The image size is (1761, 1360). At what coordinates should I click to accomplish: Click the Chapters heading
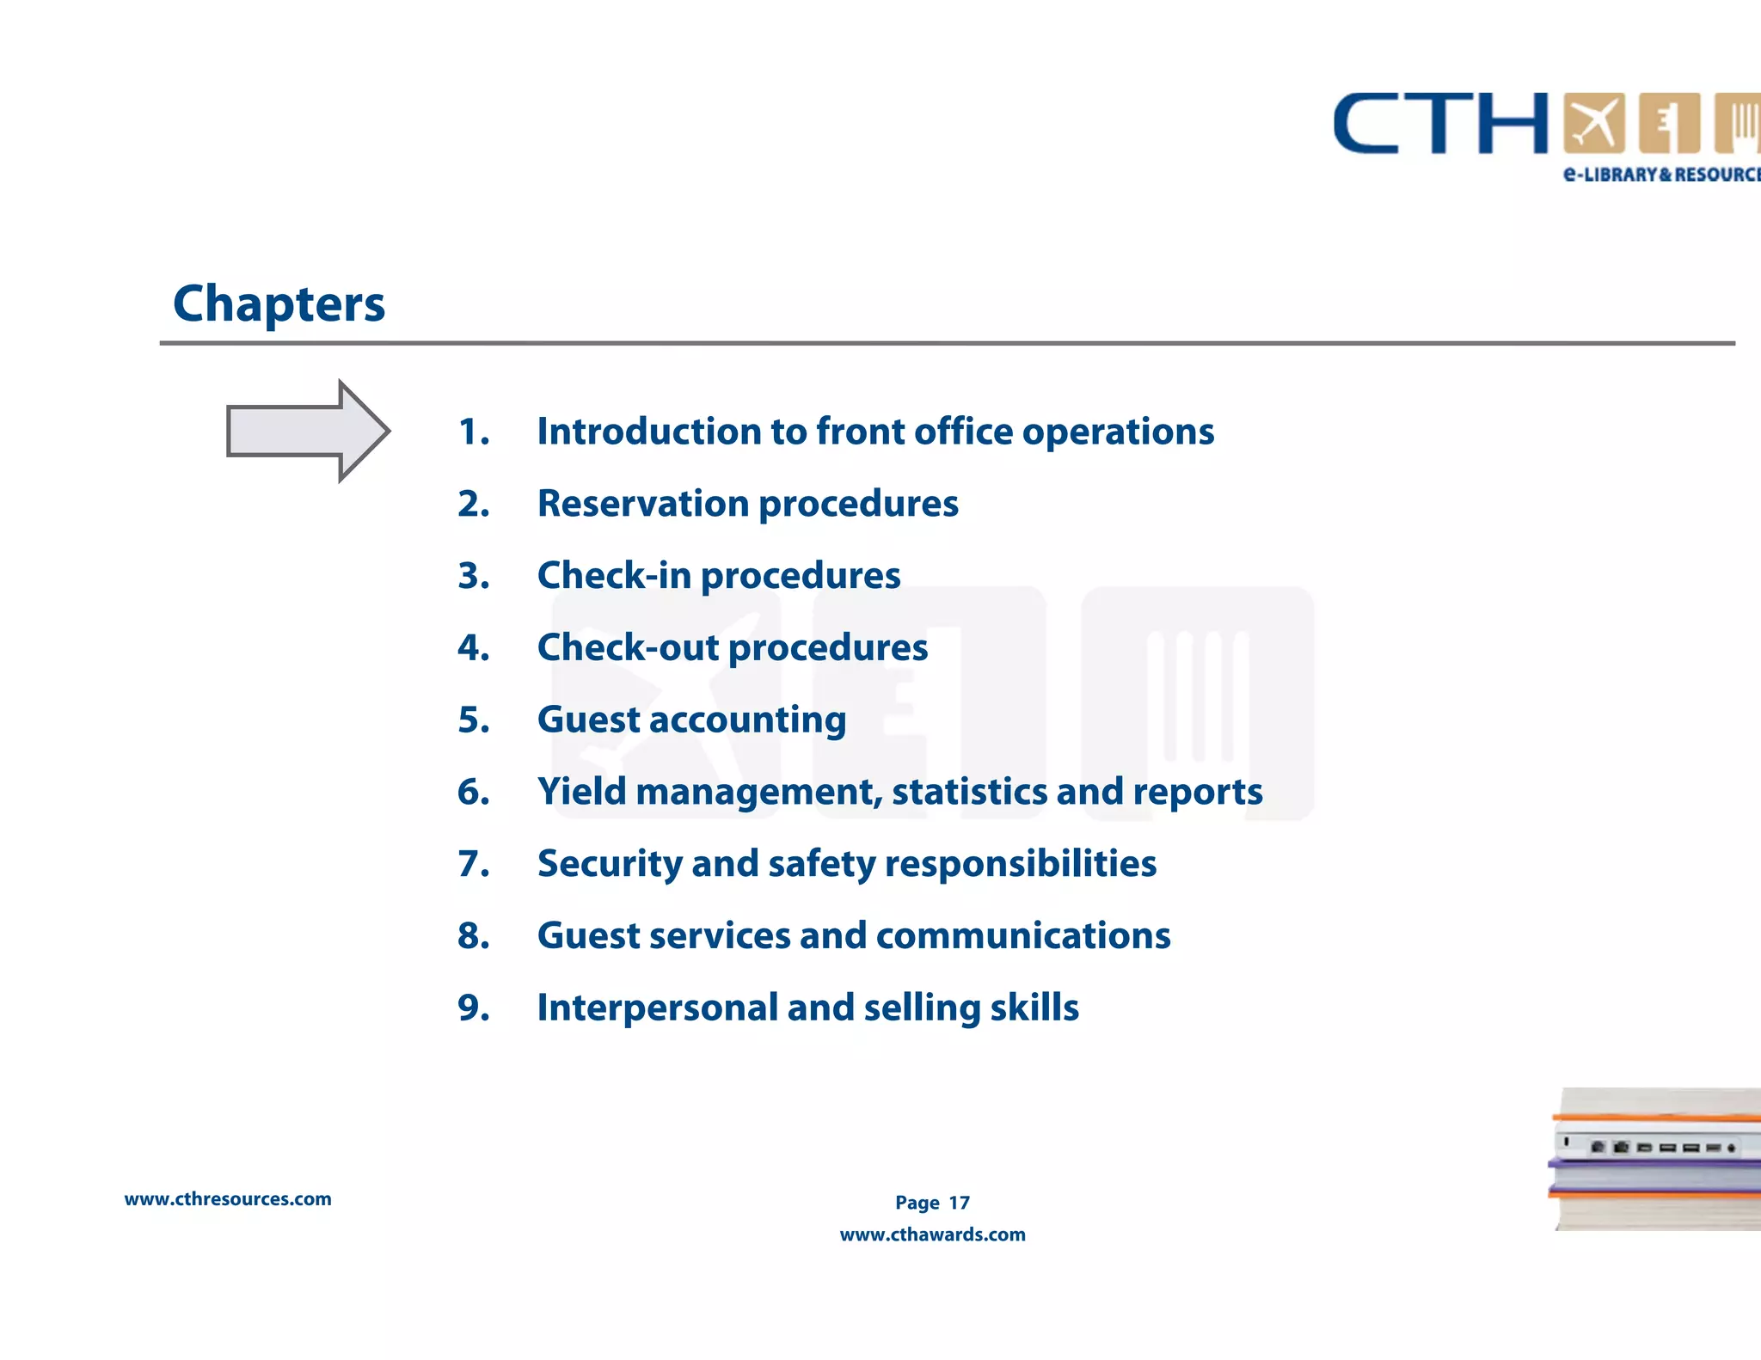[279, 303]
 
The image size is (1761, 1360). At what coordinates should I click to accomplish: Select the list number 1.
[473, 432]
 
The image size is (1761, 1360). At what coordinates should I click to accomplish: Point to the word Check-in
[614, 575]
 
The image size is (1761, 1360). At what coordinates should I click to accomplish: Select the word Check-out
[628, 647]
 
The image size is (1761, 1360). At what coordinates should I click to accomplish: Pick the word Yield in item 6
[581, 792]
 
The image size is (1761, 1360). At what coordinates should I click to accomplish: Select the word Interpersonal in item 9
[657, 1008]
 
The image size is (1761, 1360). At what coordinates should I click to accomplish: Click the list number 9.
[473, 1008]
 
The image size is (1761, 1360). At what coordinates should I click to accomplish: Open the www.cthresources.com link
[228, 1199]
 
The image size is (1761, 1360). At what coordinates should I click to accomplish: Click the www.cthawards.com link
[932, 1234]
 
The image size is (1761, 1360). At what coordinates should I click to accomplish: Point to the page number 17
[959, 1203]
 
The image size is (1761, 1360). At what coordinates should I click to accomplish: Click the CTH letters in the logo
[1441, 125]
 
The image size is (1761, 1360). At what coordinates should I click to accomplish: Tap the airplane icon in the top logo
[1593, 123]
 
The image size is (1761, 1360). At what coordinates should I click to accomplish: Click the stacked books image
[1656, 1159]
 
